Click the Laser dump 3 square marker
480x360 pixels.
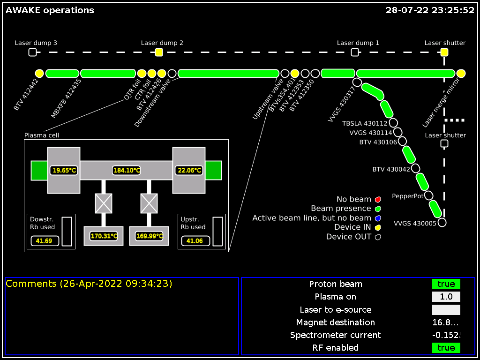tap(32, 52)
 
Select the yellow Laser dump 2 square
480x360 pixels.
tap(159, 52)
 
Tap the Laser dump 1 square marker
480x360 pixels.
tap(355, 52)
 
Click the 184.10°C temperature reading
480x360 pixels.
tap(127, 170)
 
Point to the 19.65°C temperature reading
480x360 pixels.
tap(64, 170)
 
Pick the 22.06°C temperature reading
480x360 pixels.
tap(189, 170)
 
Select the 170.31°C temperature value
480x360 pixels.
tap(104, 236)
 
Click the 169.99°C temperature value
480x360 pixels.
tap(149, 236)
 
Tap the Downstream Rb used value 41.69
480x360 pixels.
tap(44, 241)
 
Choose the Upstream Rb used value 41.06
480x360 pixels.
tap(195, 241)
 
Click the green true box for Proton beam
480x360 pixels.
tap(446, 284)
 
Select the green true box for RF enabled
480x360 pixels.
tap(446, 348)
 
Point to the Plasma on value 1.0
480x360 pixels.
tap(446, 297)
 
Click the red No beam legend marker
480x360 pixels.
tap(378, 200)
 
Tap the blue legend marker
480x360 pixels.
tap(378, 218)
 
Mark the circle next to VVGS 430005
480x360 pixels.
tap(442, 223)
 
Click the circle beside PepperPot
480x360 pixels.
tap(428, 195)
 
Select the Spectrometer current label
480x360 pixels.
tap(335, 335)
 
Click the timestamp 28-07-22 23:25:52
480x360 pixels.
tap(430, 10)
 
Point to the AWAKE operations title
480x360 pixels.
tap(50, 10)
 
